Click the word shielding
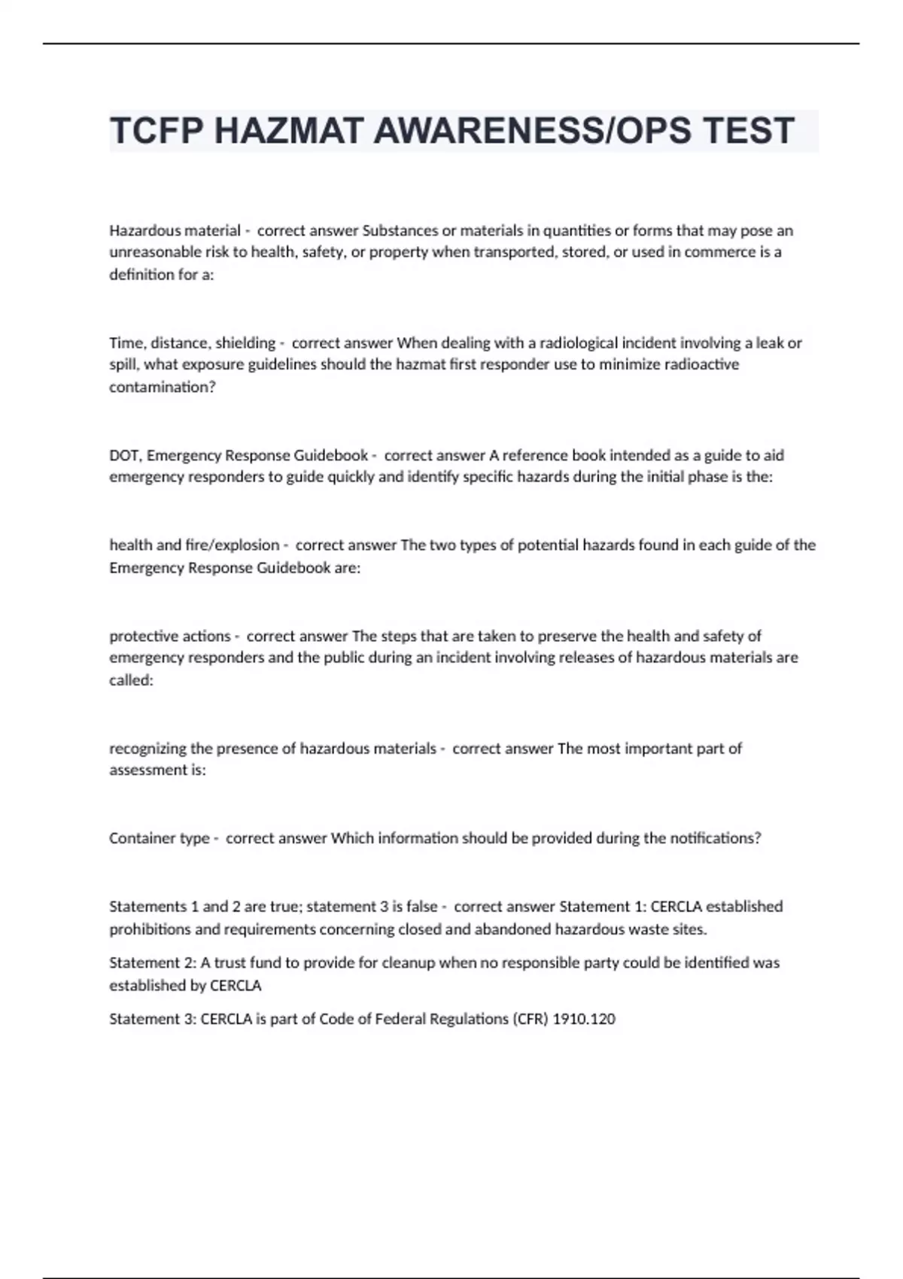click(245, 343)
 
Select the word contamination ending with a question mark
click(163, 387)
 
